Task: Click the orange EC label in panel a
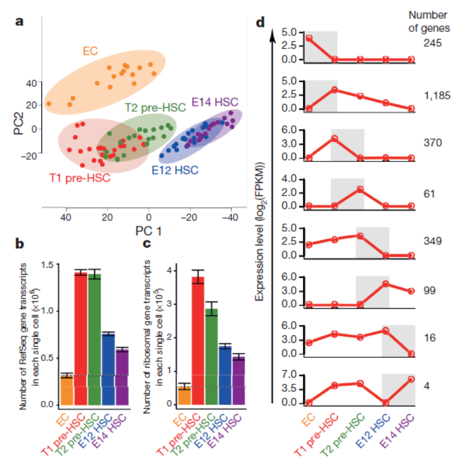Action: [90, 51]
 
